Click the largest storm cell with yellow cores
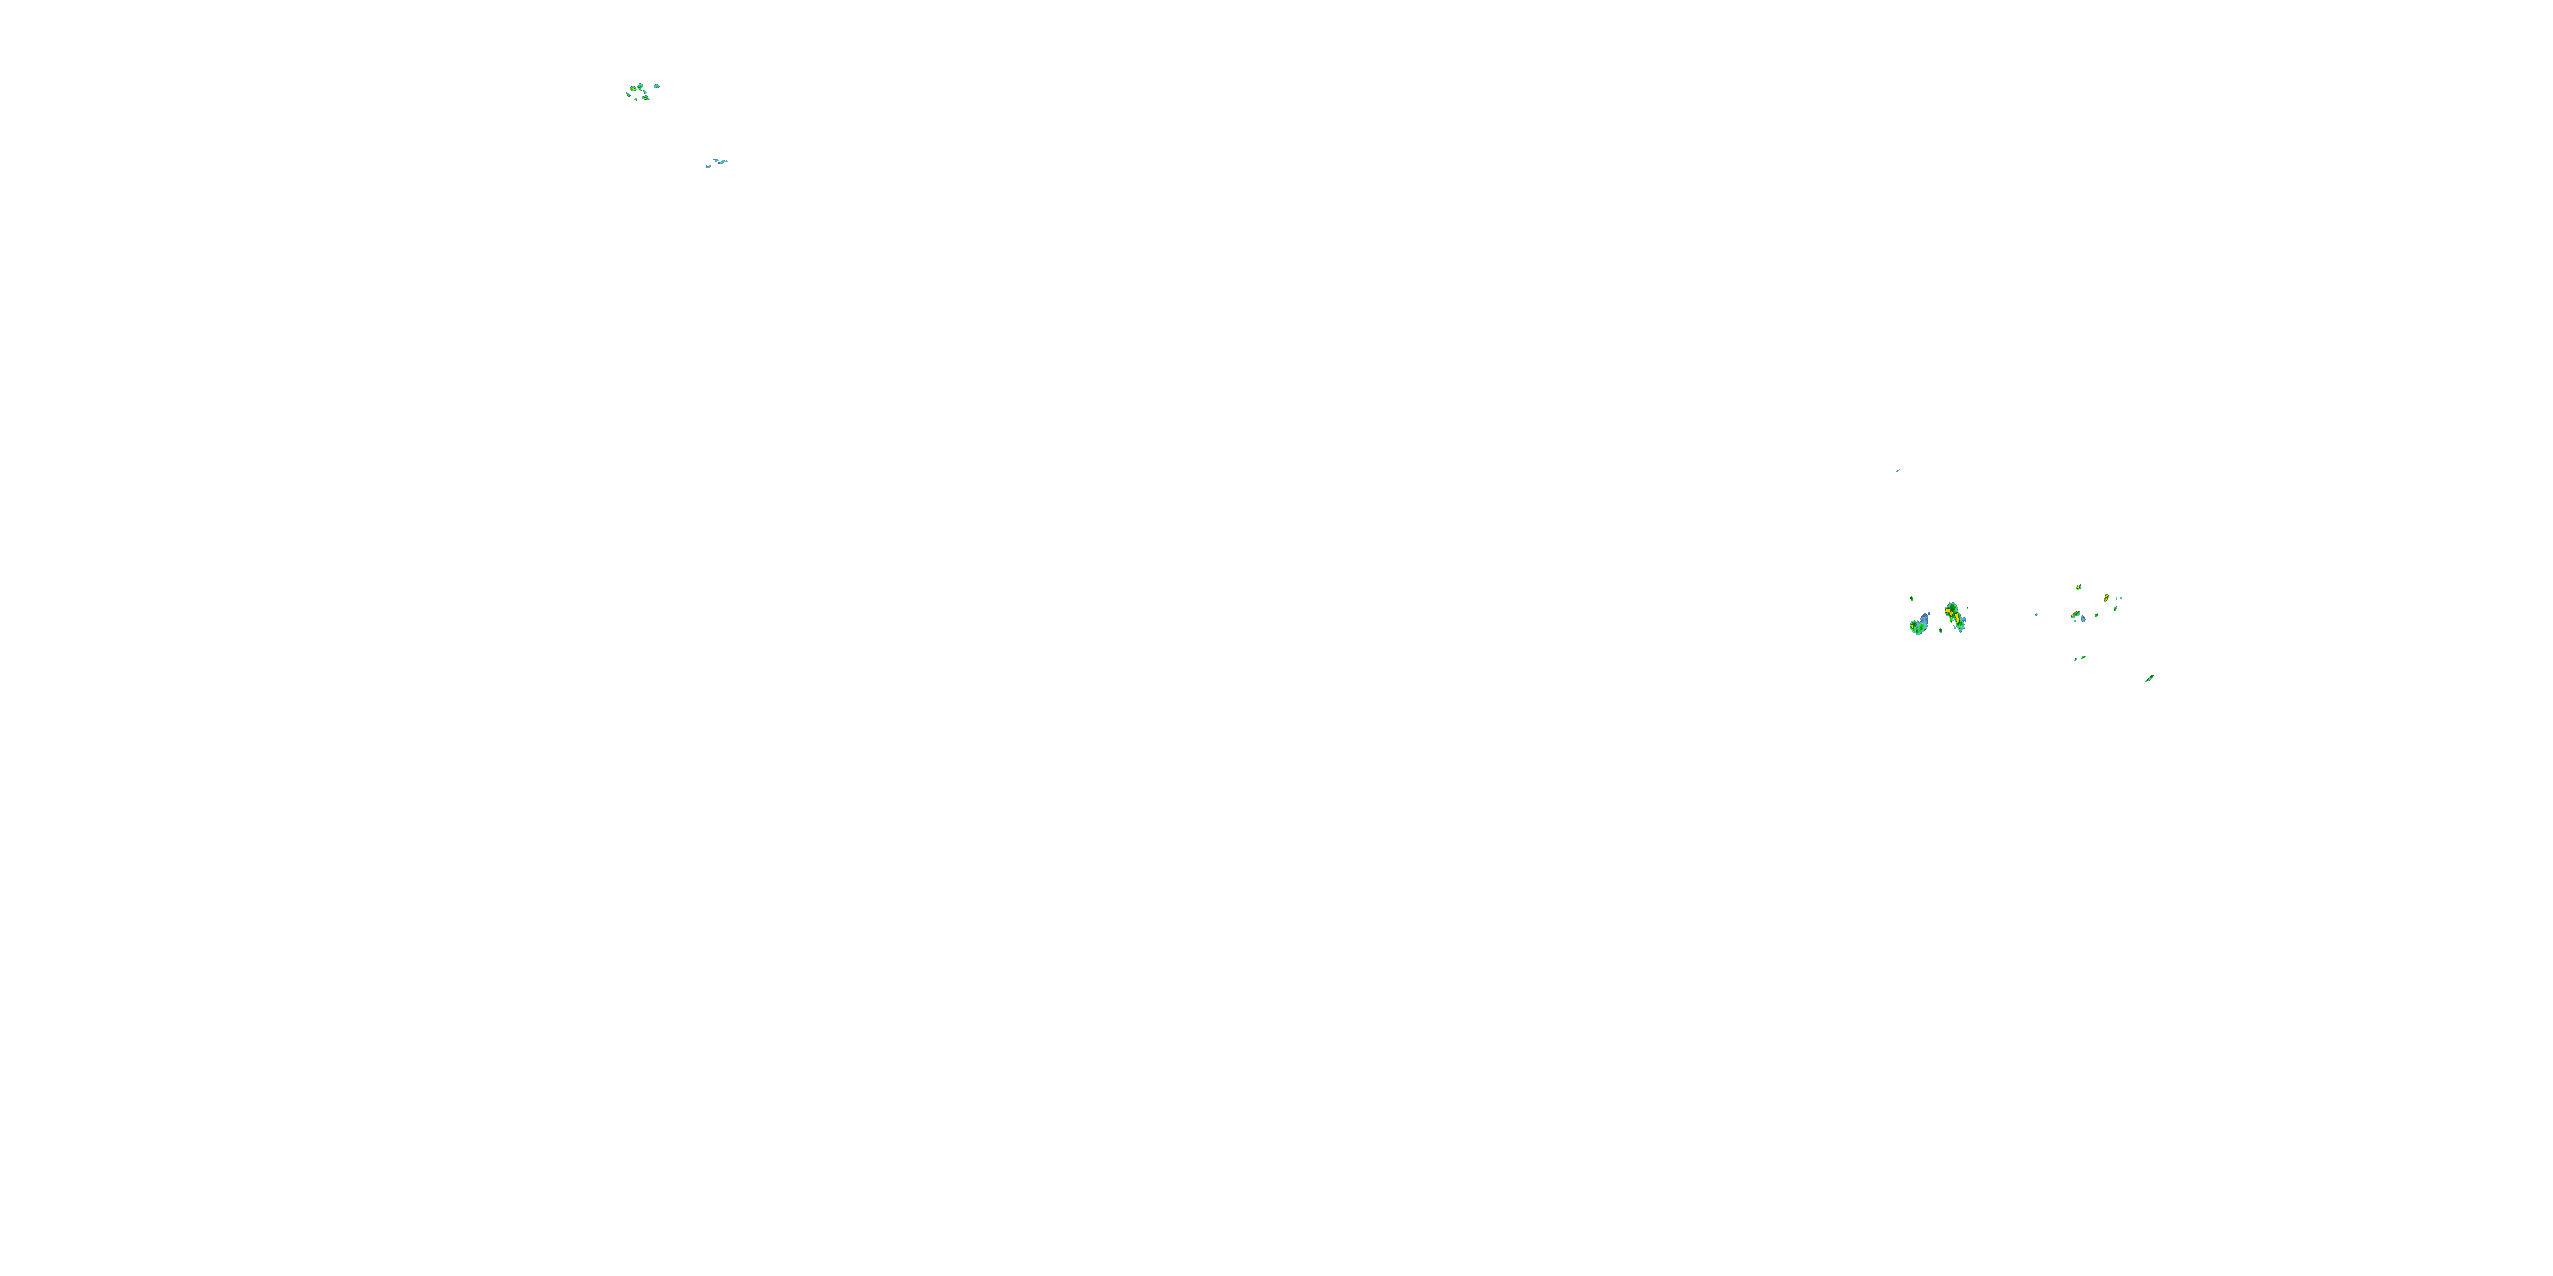1955,616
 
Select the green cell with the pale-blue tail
1920,626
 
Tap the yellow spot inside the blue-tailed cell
1913,627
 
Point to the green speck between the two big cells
1940,631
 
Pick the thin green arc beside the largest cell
1968,608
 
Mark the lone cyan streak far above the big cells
1898,470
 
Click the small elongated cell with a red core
2106,598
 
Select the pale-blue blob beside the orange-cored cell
2083,619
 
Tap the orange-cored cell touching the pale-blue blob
2076,614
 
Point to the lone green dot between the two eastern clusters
2036,615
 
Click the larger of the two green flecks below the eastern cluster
2083,658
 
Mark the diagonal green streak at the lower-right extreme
2150,679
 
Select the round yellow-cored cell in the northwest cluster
633,89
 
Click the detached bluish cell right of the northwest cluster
657,86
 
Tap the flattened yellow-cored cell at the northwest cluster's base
646,98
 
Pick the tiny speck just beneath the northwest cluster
631,111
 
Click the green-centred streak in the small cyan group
722,162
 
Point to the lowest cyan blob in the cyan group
709,167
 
